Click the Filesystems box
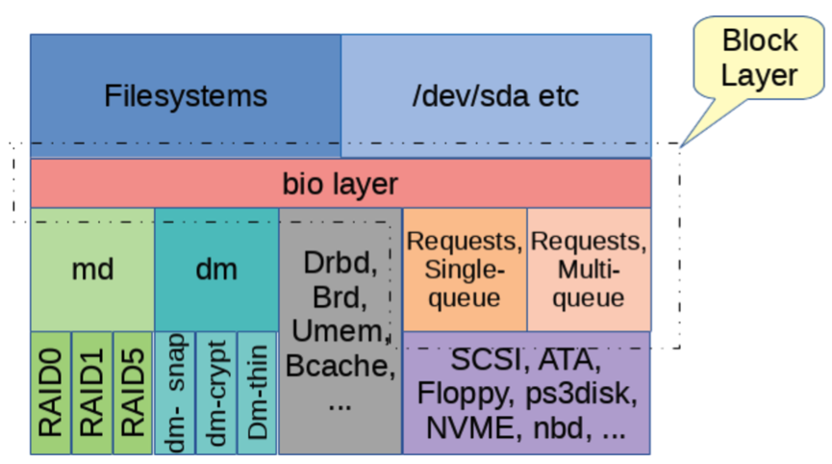click(186, 95)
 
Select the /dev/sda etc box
click(496, 95)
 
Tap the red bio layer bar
click(340, 183)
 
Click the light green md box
click(92, 270)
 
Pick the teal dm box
click(216, 270)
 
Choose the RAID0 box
click(50, 393)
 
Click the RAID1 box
click(91, 393)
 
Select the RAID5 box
click(133, 393)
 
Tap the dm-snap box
click(174, 393)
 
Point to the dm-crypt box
click(216, 393)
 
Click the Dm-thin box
click(258, 393)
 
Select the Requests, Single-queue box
click(465, 270)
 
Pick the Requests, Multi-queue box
click(589, 270)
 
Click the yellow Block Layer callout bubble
click(759, 59)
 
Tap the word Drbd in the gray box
click(337, 263)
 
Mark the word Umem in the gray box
click(338, 331)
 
